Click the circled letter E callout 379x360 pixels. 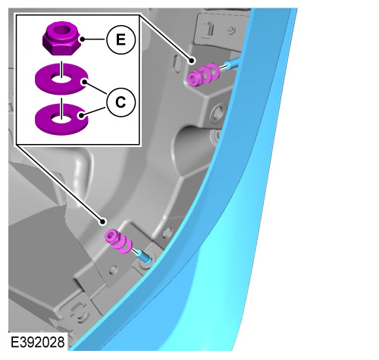tap(121, 39)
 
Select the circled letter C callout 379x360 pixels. tap(121, 102)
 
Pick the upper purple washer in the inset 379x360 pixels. tap(61, 79)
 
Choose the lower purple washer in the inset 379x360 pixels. tap(61, 118)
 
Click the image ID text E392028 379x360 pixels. tap(38, 343)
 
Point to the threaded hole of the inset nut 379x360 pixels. tap(62, 28)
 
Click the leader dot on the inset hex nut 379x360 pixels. tap(82, 39)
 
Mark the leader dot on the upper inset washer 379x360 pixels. tap(84, 82)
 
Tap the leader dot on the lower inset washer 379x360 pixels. tap(81, 115)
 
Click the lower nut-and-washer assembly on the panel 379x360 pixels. tap(118, 242)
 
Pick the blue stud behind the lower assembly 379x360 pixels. tap(143, 255)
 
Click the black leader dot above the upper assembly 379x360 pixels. tap(192, 61)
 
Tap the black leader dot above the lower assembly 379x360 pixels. tap(102, 222)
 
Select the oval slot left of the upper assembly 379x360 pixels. tap(177, 63)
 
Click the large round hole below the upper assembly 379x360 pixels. tap(218, 113)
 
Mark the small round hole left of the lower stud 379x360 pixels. tap(112, 270)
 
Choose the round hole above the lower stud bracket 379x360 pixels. tap(167, 233)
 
